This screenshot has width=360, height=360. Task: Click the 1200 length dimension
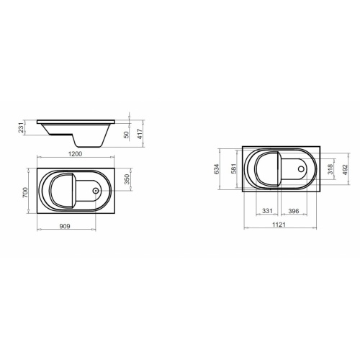click(76, 154)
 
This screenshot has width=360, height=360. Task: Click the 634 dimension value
click(216, 169)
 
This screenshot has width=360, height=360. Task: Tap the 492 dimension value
click(345, 169)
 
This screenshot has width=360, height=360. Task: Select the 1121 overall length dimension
click(280, 225)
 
